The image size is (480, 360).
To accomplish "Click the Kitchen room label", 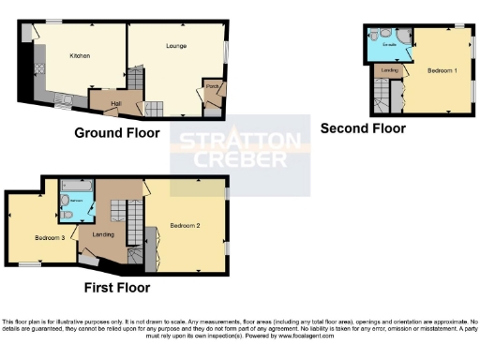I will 80,56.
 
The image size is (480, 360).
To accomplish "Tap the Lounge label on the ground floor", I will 176,46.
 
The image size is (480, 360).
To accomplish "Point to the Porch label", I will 211,91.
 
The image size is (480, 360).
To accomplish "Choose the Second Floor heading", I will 363,128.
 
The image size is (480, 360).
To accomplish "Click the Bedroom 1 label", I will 442,70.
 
